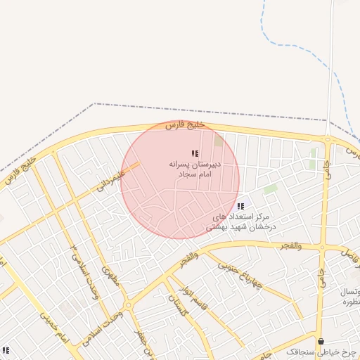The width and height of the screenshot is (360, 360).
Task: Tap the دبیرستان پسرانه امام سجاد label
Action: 195,167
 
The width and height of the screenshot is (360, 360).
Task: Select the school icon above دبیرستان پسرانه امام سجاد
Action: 195,153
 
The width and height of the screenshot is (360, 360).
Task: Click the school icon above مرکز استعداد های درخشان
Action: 241,207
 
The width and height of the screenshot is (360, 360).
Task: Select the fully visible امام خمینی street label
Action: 53,326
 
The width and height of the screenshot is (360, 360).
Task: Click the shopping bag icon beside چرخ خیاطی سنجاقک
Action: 321,342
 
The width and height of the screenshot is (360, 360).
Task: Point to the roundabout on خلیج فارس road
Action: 328,139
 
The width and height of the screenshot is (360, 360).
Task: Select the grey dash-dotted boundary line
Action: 211,111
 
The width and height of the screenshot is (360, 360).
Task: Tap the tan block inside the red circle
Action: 218,141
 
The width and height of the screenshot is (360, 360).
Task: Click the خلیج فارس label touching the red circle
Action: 184,124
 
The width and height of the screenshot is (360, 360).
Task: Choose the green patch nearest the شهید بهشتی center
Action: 270,189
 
